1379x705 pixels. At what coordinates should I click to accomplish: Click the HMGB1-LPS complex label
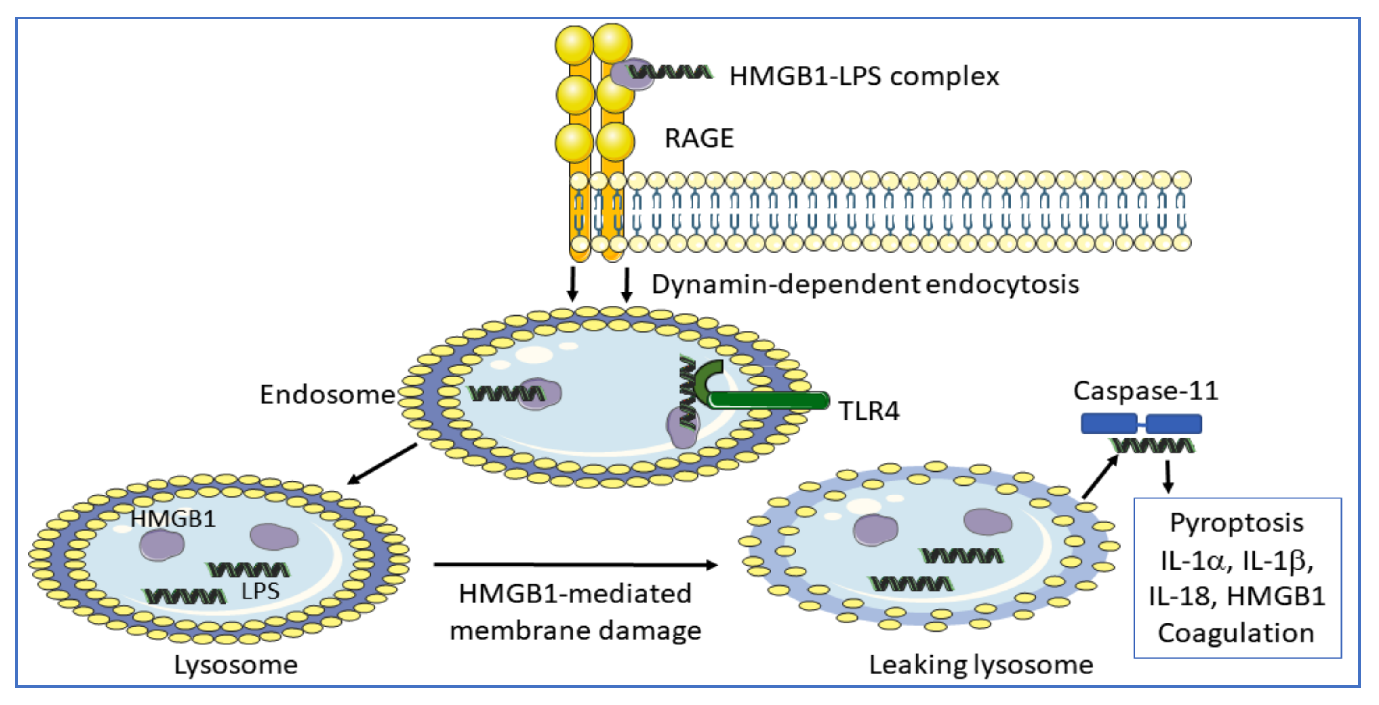[863, 77]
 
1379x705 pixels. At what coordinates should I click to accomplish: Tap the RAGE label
[699, 139]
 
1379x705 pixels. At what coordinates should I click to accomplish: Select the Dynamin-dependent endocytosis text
[865, 285]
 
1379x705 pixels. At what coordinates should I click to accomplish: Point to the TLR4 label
[869, 411]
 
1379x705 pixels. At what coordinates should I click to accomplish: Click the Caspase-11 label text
[1146, 391]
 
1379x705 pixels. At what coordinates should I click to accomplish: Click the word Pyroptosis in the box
[1237, 523]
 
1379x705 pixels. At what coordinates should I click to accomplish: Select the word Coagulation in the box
[1236, 634]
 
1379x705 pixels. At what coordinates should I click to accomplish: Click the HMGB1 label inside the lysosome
[173, 519]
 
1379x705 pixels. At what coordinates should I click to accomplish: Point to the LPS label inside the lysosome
[260, 591]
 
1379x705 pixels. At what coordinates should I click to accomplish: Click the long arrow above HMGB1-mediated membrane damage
[576, 564]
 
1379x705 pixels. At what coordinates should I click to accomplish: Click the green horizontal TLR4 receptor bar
[769, 401]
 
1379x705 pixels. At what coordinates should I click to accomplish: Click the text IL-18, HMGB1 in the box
[1237, 596]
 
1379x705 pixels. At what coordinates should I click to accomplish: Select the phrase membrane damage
[576, 631]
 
